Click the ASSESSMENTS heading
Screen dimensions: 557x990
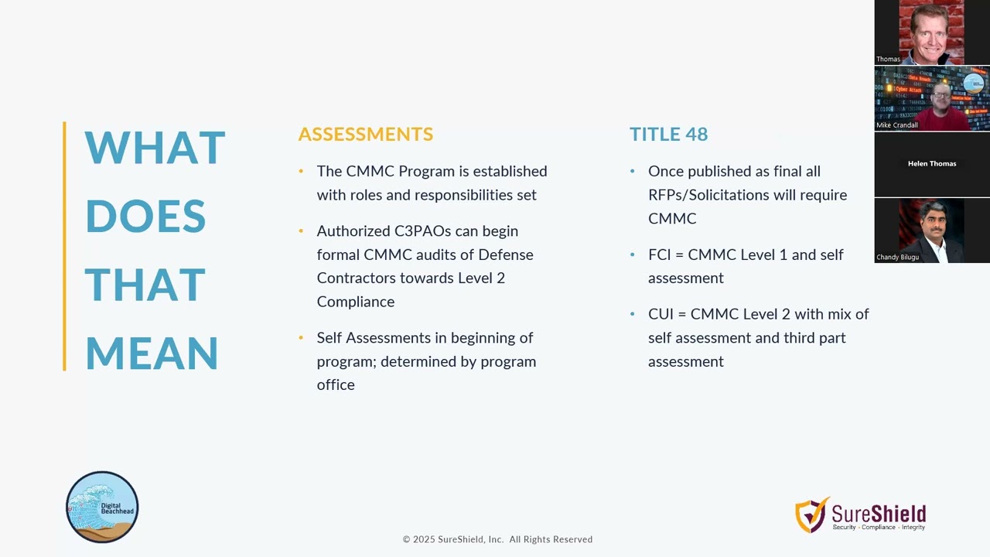pyautogui.click(x=365, y=134)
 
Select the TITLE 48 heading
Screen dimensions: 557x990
pyautogui.click(x=668, y=134)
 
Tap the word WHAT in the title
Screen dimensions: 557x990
pyautogui.click(x=155, y=148)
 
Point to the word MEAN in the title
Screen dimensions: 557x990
pyautogui.click(x=152, y=354)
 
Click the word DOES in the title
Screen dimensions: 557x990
pyautogui.click(x=145, y=217)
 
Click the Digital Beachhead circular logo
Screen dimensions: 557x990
pyautogui.click(x=102, y=507)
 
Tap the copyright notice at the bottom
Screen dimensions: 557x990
pyautogui.click(x=497, y=539)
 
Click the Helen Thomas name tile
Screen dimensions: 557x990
pyautogui.click(x=932, y=164)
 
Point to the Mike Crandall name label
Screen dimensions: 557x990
pyautogui.click(x=897, y=125)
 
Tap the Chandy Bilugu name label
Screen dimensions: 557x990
pyautogui.click(x=897, y=257)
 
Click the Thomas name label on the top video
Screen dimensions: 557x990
pyautogui.click(x=888, y=60)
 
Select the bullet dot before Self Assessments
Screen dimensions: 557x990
pyautogui.click(x=301, y=338)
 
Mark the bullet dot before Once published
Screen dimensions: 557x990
pyautogui.click(x=633, y=171)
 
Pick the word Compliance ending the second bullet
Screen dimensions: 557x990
pyautogui.click(x=355, y=302)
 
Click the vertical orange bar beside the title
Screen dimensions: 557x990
pyautogui.click(x=64, y=246)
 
